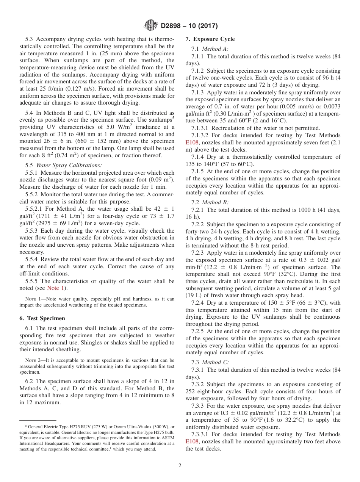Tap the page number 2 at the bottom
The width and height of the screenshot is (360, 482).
tap(180, 466)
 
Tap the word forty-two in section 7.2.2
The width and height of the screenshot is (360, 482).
tap(198, 232)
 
